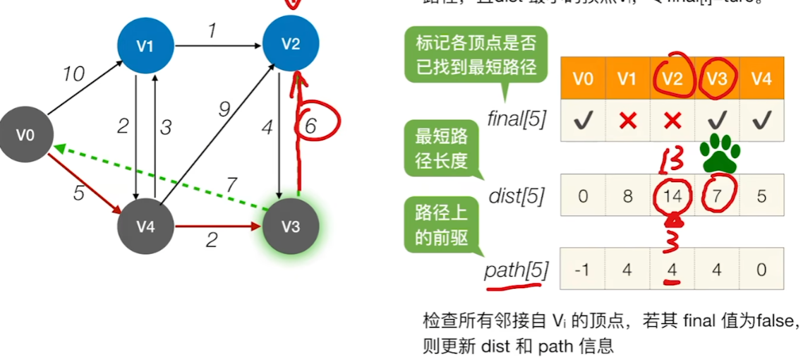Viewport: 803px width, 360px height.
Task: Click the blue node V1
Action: [145, 46]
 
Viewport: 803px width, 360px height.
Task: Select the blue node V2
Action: [291, 44]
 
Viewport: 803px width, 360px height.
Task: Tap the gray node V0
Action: [26, 134]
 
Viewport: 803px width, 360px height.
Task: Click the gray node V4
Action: [145, 227]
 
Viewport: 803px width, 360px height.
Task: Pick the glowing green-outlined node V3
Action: [291, 227]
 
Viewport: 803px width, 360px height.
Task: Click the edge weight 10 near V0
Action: [73, 73]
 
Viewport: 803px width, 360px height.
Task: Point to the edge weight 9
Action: [224, 109]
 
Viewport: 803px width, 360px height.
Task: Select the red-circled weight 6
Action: [311, 126]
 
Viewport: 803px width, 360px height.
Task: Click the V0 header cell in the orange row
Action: [583, 78]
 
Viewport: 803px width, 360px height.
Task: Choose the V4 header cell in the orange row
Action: [761, 78]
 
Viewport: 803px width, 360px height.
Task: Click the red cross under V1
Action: [627, 121]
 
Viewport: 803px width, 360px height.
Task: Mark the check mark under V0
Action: [583, 121]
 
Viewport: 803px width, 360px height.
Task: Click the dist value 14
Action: [672, 196]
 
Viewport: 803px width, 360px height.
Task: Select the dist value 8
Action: [627, 196]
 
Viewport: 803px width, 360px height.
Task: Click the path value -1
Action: [583, 269]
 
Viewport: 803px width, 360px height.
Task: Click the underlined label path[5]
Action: [516, 270]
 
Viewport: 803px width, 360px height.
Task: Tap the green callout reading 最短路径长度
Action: [442, 150]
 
